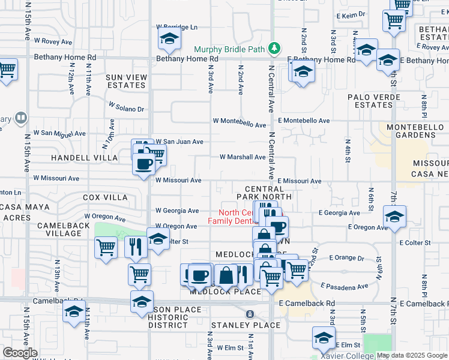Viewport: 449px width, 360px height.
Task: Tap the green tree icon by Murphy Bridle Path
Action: tap(274, 47)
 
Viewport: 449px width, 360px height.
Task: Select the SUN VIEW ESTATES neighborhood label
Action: tap(126, 81)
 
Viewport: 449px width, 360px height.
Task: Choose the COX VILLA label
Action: tap(105, 197)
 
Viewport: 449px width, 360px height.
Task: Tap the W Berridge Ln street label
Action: tap(176, 27)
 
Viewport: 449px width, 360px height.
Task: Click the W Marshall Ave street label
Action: tap(243, 157)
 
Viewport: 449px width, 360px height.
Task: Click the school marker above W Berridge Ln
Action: tap(169, 40)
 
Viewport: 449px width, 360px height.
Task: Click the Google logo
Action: tap(20, 353)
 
